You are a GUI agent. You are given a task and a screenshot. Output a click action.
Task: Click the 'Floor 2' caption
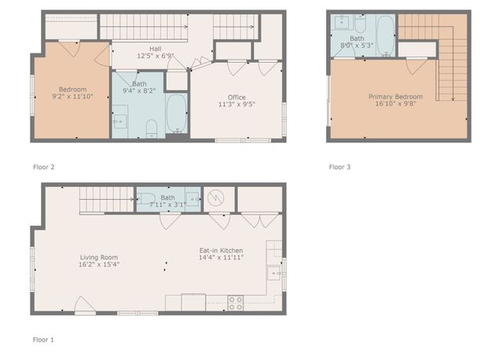(x=43, y=167)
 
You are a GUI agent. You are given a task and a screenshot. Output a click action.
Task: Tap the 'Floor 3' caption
(x=340, y=167)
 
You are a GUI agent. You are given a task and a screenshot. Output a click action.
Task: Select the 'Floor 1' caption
(x=43, y=340)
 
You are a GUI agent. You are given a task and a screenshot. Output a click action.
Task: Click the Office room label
(x=237, y=97)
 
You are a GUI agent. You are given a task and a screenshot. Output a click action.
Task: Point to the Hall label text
(x=144, y=49)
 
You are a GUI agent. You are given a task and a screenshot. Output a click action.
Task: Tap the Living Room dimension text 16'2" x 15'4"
(x=98, y=264)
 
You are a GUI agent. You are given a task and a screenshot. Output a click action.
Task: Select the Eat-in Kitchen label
(x=221, y=250)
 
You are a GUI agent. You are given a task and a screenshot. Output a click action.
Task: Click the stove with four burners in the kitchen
(x=235, y=303)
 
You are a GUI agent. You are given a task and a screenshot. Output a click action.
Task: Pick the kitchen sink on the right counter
(x=274, y=274)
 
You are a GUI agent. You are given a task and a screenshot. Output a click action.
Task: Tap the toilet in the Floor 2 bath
(x=152, y=126)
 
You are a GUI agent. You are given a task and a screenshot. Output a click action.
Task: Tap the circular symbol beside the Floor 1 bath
(x=215, y=198)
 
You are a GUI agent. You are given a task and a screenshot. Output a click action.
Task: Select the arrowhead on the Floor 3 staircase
(x=453, y=97)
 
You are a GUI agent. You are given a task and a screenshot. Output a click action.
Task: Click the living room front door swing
(x=84, y=306)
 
